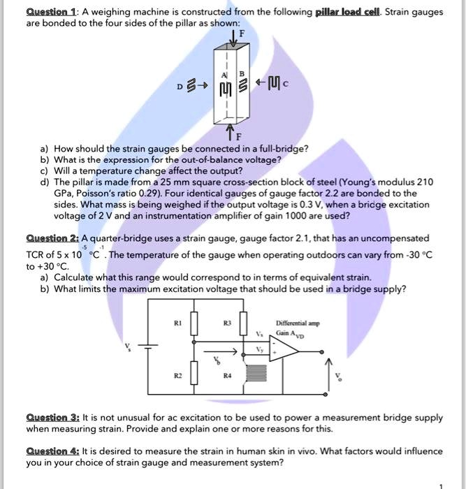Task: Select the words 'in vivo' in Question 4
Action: [315, 451]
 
